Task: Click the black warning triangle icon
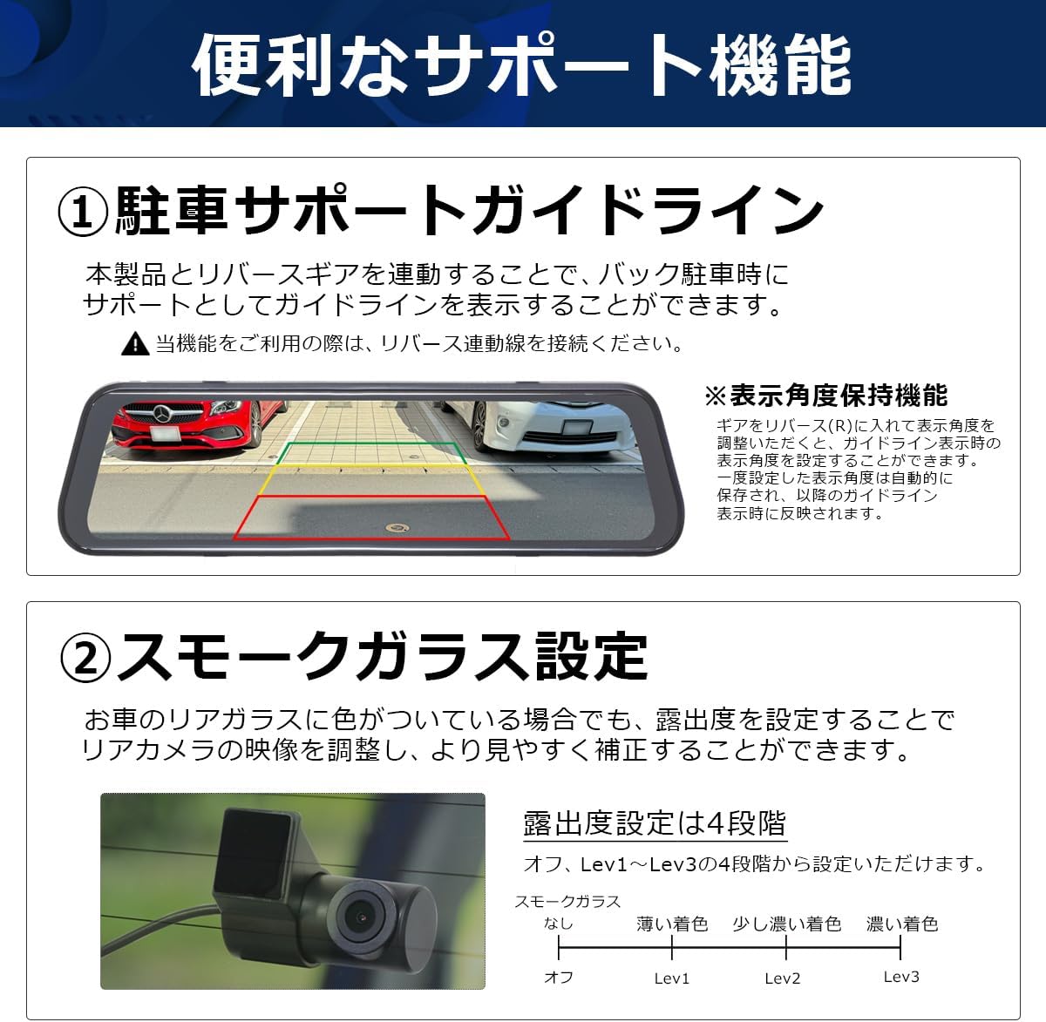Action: [135, 343]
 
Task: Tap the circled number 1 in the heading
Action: [83, 212]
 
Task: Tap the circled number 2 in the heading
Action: [85, 657]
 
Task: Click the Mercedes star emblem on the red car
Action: [162, 413]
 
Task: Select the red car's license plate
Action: [165, 433]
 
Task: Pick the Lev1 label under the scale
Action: [671, 978]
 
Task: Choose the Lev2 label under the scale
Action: [783, 978]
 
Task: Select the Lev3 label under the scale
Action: [901, 977]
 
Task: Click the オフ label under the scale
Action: [559, 977]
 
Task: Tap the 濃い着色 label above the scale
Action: [902, 924]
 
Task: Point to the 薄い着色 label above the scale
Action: [672, 924]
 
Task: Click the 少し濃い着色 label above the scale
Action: [787, 924]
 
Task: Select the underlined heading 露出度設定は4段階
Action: [655, 822]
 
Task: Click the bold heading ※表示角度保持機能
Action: [826, 396]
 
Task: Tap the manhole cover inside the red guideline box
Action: [397, 528]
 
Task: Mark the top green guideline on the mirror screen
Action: [371, 443]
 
